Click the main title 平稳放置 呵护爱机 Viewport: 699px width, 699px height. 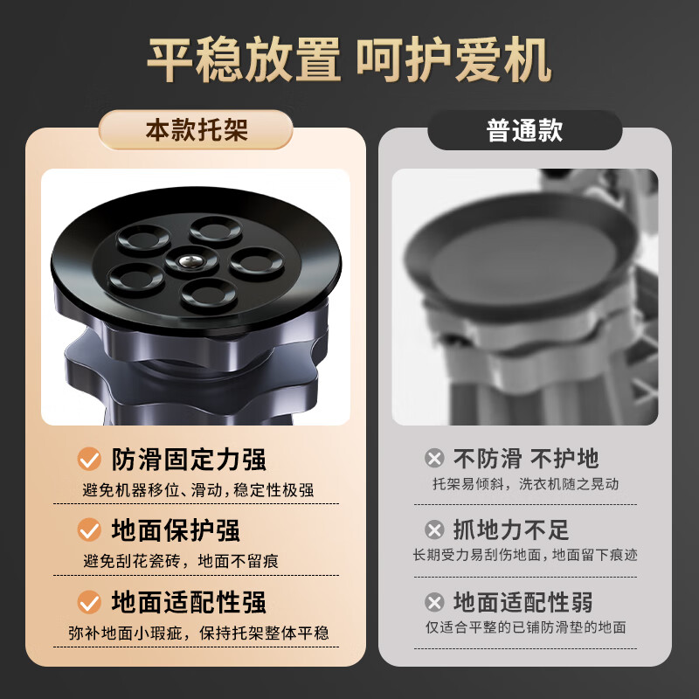click(349, 60)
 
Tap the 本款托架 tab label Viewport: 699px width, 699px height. click(196, 130)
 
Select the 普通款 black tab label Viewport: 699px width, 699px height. click(524, 131)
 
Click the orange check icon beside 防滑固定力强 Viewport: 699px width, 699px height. click(89, 459)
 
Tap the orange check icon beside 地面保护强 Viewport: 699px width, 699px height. click(89, 529)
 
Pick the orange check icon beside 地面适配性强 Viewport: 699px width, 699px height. click(89, 601)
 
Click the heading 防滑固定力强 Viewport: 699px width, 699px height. click(189, 459)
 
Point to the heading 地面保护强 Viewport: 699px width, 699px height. click(176, 529)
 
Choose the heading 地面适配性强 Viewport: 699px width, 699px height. click(189, 601)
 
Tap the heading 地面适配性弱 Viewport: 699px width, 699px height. click(523, 602)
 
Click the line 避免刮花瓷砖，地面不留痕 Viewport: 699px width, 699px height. click(181, 561)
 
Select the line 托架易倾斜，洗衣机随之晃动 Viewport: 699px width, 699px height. click(525, 483)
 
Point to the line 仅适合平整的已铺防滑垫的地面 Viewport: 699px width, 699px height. click(525, 626)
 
